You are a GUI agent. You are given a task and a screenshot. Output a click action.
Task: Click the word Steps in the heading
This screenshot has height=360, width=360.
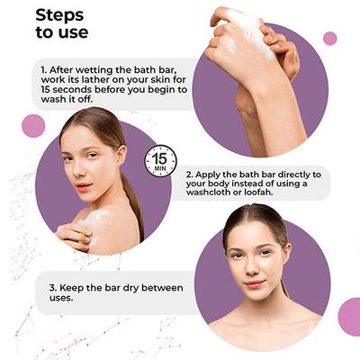[59, 15]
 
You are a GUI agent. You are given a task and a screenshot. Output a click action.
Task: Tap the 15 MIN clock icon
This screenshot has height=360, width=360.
[160, 161]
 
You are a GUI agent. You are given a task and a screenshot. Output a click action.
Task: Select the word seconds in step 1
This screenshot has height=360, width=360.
[71, 89]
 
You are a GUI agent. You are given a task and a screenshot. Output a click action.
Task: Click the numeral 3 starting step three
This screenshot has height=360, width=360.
[52, 288]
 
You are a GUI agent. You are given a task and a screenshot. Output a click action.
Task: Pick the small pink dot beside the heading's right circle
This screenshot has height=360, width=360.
[330, 39]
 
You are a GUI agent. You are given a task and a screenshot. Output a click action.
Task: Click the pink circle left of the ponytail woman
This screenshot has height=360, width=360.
[33, 126]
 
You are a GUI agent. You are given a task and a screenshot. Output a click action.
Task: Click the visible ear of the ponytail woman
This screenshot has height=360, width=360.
[121, 154]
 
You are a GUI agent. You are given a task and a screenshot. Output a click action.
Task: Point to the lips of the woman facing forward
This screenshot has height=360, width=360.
[255, 283]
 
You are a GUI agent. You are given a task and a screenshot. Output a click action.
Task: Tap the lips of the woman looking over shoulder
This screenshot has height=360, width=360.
[84, 185]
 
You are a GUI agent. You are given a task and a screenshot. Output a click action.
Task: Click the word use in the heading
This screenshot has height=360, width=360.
[74, 32]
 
